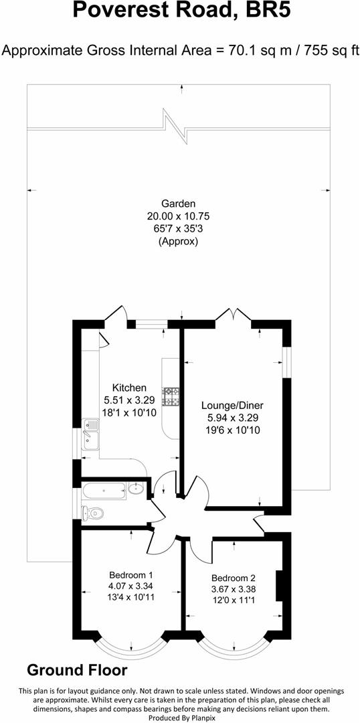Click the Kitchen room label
point(129,388)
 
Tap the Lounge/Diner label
point(232,406)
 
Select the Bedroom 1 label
point(131,575)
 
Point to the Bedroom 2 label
point(234,578)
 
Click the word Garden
point(178,204)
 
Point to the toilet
point(92,513)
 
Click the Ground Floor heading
point(77,670)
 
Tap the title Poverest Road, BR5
point(181,10)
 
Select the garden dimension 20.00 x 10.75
point(178,216)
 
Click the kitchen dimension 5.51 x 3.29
point(129,400)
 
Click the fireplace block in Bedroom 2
point(280,584)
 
